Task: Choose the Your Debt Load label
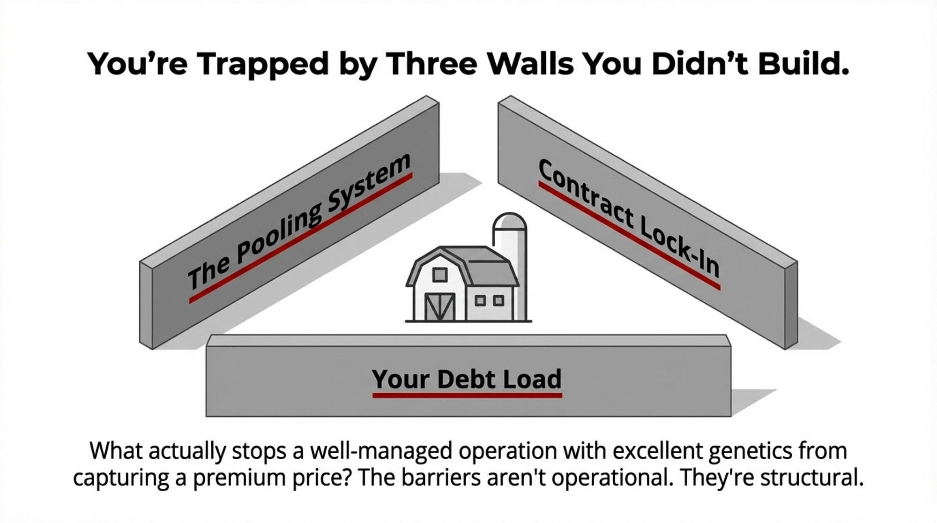(x=467, y=379)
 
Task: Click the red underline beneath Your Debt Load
(x=467, y=396)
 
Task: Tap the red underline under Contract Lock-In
(x=628, y=237)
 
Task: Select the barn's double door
(x=439, y=307)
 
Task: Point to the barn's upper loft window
(x=439, y=275)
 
